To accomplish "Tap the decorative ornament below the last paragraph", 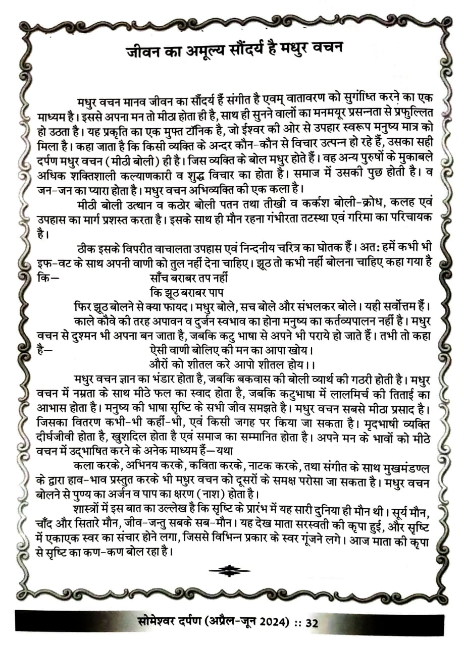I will click(x=229, y=571).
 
